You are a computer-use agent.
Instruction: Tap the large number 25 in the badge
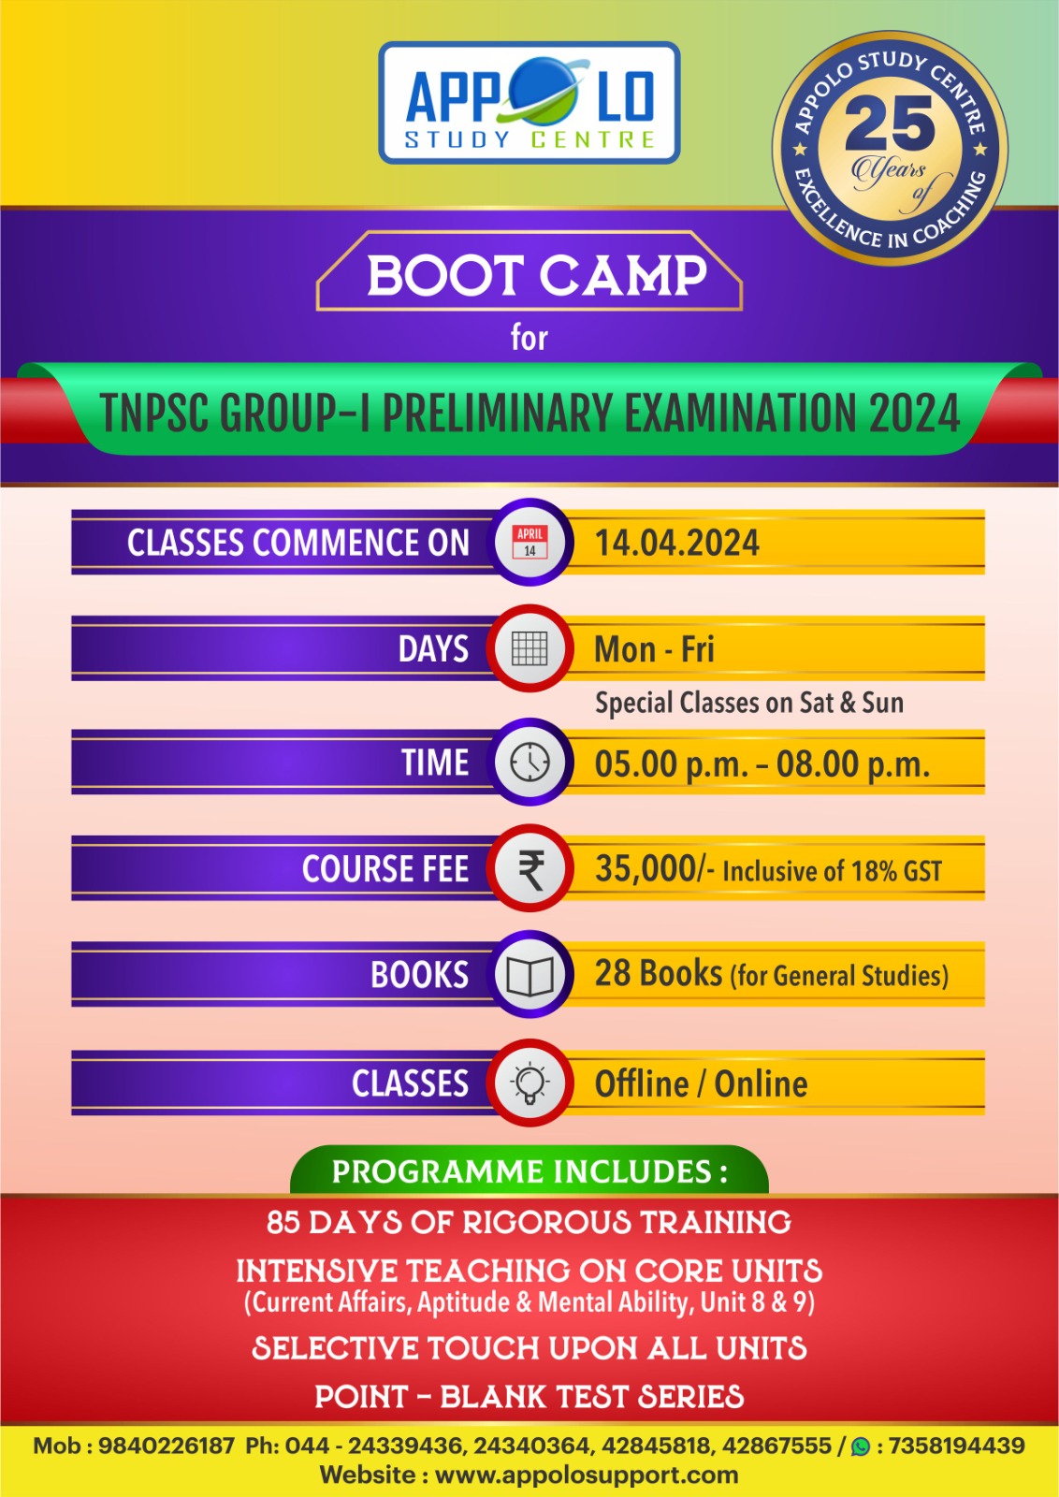[890, 124]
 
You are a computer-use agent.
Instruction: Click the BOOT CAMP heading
[536, 275]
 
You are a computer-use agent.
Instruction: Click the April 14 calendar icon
[529, 542]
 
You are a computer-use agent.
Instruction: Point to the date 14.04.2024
[676, 543]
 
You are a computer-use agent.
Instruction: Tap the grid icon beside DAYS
[529, 648]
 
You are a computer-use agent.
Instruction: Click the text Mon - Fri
[654, 649]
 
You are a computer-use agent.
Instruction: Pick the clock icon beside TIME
[529, 762]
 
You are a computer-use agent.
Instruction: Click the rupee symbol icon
[531, 869]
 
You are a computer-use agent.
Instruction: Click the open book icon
[529, 975]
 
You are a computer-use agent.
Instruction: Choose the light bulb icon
[529, 1083]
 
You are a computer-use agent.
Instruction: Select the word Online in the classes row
[761, 1084]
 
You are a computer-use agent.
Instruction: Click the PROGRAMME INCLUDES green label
[529, 1170]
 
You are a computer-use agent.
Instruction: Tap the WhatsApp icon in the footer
[861, 1446]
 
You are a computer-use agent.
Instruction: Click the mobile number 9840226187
[167, 1446]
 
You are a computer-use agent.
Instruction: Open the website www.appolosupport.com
[587, 1475]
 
